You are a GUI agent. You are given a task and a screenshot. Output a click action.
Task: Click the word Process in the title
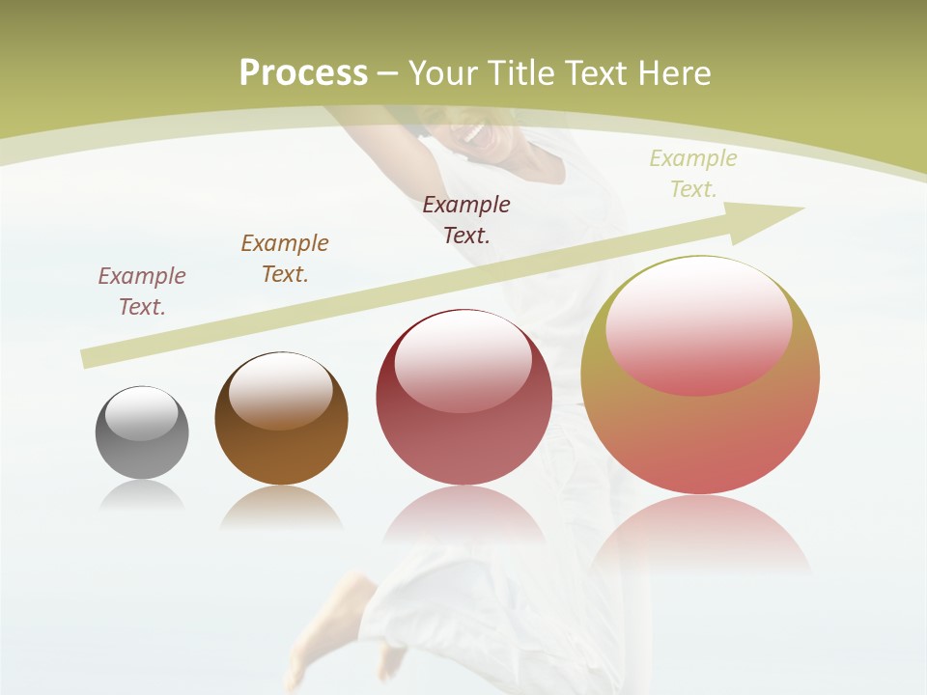pos(303,73)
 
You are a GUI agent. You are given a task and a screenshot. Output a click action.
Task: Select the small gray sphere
pos(142,432)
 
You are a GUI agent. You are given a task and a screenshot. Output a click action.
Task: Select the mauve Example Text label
pos(142,292)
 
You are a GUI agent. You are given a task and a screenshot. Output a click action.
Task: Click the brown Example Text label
pos(285,259)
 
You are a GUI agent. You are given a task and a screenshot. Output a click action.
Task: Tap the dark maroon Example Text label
pos(466,220)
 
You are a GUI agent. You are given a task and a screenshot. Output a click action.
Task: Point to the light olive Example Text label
pos(693,174)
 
